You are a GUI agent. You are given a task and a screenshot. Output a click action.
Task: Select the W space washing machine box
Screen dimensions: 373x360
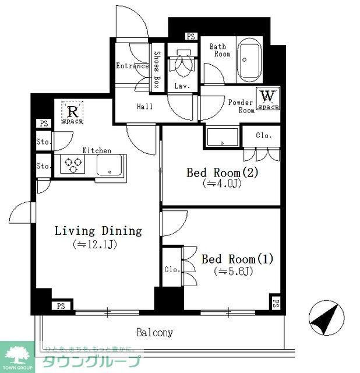tap(268, 99)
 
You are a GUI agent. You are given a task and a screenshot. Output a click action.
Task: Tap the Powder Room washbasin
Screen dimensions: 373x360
tap(221, 138)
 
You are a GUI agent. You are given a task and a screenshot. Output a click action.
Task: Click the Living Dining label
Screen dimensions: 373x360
tap(98, 231)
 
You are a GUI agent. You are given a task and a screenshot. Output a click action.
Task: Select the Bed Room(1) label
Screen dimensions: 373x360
tap(237, 259)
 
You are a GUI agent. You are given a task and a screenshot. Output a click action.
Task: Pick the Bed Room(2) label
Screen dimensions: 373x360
tap(221, 173)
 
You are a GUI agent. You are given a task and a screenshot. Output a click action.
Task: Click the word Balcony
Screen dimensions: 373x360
tap(154, 333)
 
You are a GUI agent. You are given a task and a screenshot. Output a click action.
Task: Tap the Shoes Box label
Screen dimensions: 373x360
tap(157, 69)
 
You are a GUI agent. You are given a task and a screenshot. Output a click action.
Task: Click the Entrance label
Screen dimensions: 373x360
tap(132, 66)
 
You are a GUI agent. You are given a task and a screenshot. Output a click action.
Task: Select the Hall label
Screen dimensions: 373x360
tap(145, 107)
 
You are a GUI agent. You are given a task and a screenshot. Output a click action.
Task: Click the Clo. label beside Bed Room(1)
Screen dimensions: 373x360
tap(171, 269)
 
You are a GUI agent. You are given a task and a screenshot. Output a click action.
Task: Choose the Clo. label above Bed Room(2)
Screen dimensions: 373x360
tap(264, 135)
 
